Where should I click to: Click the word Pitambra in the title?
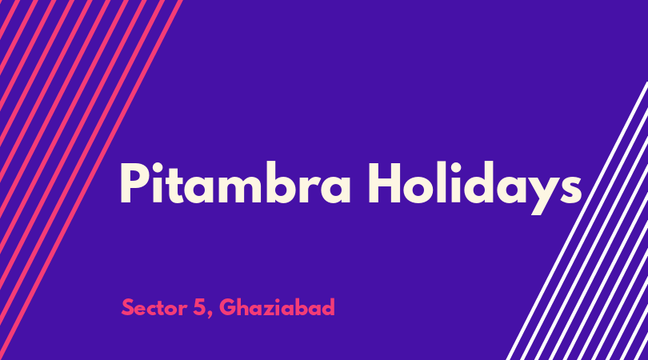coord(235,182)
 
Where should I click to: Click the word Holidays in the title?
coord(475,188)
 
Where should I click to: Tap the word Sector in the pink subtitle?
coord(154,307)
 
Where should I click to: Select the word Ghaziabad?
coord(277,307)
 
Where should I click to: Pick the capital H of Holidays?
coord(384,183)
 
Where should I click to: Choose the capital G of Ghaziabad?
coord(228,307)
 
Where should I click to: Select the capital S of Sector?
coord(128,307)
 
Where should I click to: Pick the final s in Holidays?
coord(571,190)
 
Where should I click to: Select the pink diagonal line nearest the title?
coord(90,180)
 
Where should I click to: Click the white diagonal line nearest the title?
coord(578,221)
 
